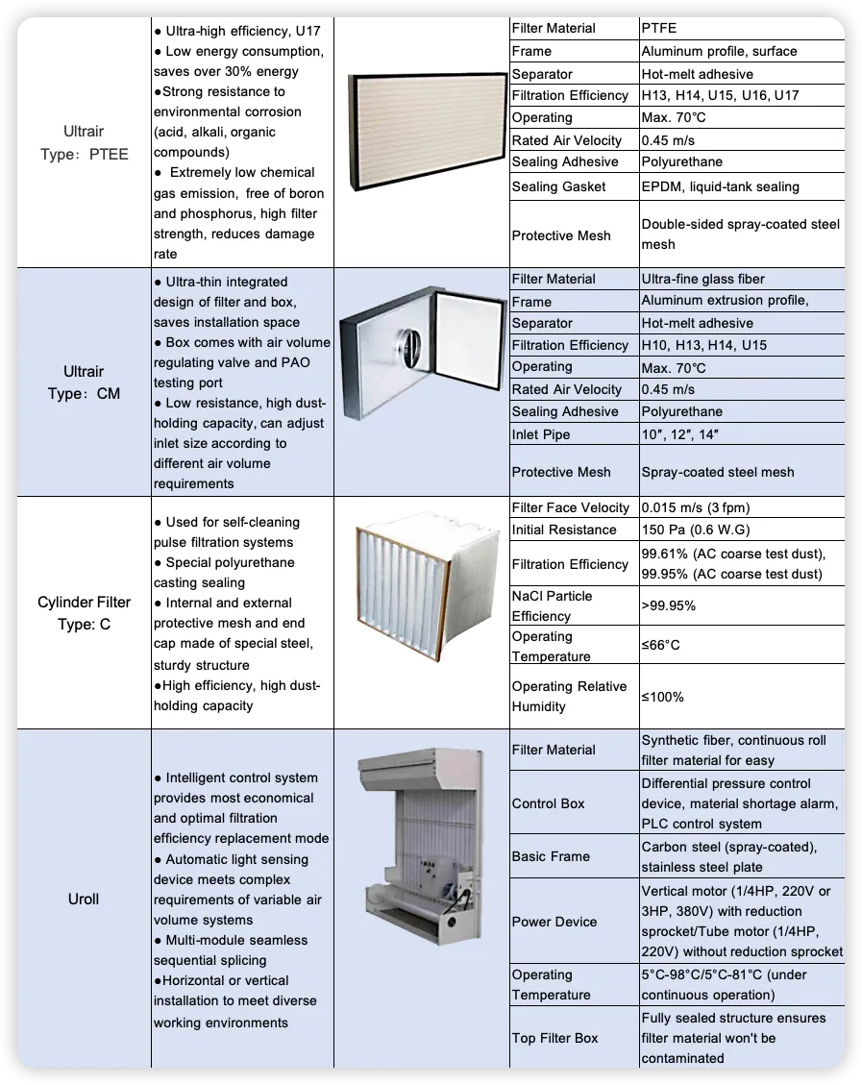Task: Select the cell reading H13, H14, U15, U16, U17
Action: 720,96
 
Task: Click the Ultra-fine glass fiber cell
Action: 702,279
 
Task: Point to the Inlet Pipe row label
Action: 541,434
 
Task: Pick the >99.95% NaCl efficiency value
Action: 669,606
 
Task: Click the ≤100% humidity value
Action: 662,697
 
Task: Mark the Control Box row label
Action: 548,803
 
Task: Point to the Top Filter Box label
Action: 554,1038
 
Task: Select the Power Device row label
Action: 554,922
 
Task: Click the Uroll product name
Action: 84,900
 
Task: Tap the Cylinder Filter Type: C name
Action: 84,613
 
